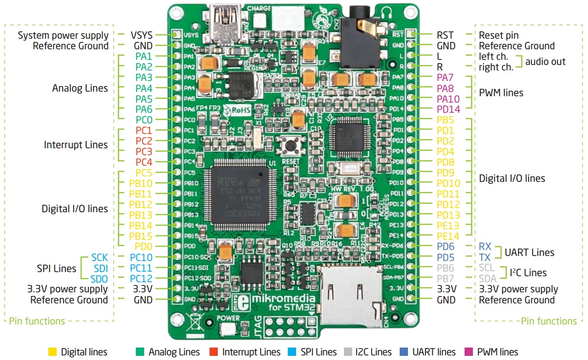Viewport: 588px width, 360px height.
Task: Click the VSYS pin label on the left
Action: [x=141, y=35]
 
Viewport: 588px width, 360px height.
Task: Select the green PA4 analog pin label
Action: [x=144, y=88]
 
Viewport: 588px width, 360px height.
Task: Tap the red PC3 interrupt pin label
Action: [x=144, y=151]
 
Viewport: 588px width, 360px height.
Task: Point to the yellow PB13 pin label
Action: [x=140, y=215]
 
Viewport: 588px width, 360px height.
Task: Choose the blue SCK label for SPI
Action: [x=100, y=257]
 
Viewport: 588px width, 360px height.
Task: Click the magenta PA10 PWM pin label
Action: [x=448, y=99]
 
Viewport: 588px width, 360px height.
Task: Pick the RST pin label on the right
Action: [x=445, y=35]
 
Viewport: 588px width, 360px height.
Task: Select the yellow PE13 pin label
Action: [x=448, y=226]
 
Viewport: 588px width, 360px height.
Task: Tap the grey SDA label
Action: [x=488, y=279]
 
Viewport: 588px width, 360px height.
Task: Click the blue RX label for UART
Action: [x=485, y=247]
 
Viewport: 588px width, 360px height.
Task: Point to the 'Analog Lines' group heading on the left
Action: [x=80, y=88]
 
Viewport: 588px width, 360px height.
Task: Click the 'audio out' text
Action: [x=545, y=62]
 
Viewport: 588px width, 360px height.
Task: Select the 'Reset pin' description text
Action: [x=499, y=35]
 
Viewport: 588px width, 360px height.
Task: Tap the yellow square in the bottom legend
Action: [x=52, y=352]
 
